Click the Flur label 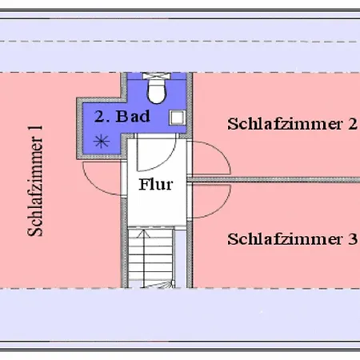pyautogui.click(x=156, y=184)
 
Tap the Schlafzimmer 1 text pyautogui.click(x=35, y=181)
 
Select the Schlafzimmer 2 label pyautogui.click(x=292, y=124)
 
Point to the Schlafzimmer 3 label pyautogui.click(x=292, y=239)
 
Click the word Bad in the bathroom pyautogui.click(x=133, y=116)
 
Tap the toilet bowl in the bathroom pyautogui.click(x=157, y=91)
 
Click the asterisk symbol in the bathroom pyautogui.click(x=102, y=142)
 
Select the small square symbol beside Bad pyautogui.click(x=177, y=118)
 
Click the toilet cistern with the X pyautogui.click(x=157, y=76)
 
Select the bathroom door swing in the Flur pyautogui.click(x=167, y=160)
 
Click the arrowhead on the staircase pyautogui.click(x=144, y=233)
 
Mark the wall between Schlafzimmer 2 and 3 pyautogui.click(x=274, y=180)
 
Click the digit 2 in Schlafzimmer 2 pyautogui.click(x=353, y=124)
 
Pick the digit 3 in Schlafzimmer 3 pyautogui.click(x=353, y=239)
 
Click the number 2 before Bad pyautogui.click(x=99, y=117)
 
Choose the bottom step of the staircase pyautogui.click(x=151, y=284)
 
